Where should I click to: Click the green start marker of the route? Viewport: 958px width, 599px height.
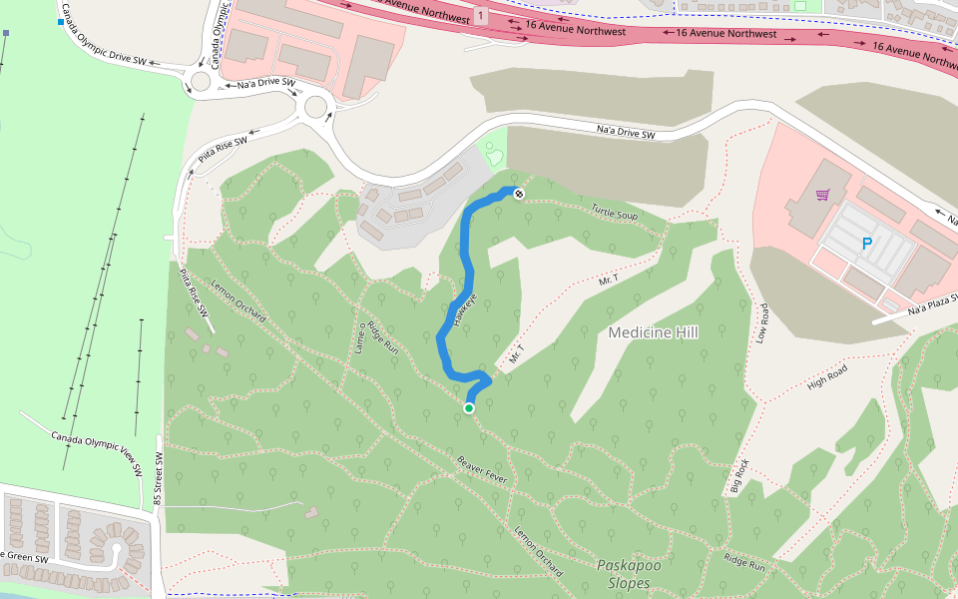tap(468, 407)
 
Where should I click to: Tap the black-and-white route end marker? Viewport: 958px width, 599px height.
tap(519, 192)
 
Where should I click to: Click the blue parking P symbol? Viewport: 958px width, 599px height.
tap(865, 244)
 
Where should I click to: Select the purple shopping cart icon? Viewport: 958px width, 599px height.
tap(822, 196)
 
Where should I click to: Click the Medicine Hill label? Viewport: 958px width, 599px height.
tap(653, 332)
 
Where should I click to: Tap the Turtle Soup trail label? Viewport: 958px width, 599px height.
tap(614, 212)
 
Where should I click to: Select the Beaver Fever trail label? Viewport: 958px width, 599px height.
tap(483, 471)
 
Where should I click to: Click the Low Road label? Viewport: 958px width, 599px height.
tap(763, 323)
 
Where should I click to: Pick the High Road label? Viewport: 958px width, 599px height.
tap(827, 376)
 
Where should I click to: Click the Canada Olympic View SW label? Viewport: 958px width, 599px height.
tap(97, 453)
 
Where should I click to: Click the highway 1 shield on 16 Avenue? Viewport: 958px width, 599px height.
tap(481, 17)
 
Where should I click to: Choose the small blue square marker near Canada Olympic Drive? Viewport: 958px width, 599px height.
tap(61, 22)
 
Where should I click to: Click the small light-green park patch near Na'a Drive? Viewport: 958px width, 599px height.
tap(493, 154)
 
